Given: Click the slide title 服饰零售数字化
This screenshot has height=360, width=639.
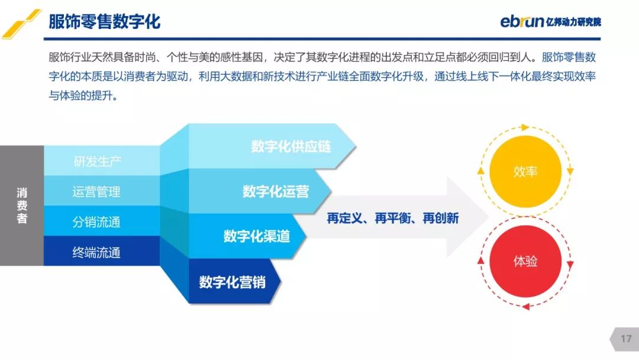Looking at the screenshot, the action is [x=104, y=21].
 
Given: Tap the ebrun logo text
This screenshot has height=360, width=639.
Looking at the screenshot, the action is [x=522, y=21].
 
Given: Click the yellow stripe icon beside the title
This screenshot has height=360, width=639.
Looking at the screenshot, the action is [x=22, y=24].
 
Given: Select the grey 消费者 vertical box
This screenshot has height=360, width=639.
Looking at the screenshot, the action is [x=22, y=205].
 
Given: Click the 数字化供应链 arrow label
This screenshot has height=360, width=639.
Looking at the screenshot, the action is [x=291, y=146].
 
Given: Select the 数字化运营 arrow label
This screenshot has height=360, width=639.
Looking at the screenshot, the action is [x=276, y=191].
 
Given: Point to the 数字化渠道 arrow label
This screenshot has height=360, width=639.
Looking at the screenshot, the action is [x=256, y=236].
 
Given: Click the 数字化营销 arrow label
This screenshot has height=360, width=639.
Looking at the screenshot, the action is [x=233, y=282].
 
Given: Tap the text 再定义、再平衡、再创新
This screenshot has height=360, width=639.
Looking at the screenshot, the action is [x=393, y=218].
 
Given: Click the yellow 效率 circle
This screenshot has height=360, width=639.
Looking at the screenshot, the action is [x=525, y=172].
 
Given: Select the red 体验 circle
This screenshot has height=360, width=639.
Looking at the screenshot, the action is [x=525, y=261].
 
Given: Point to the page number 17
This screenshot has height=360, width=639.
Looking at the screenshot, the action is [x=626, y=339].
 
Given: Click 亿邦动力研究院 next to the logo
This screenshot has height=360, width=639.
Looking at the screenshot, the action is [x=573, y=21].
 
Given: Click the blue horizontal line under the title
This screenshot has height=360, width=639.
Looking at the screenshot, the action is [x=322, y=38].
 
